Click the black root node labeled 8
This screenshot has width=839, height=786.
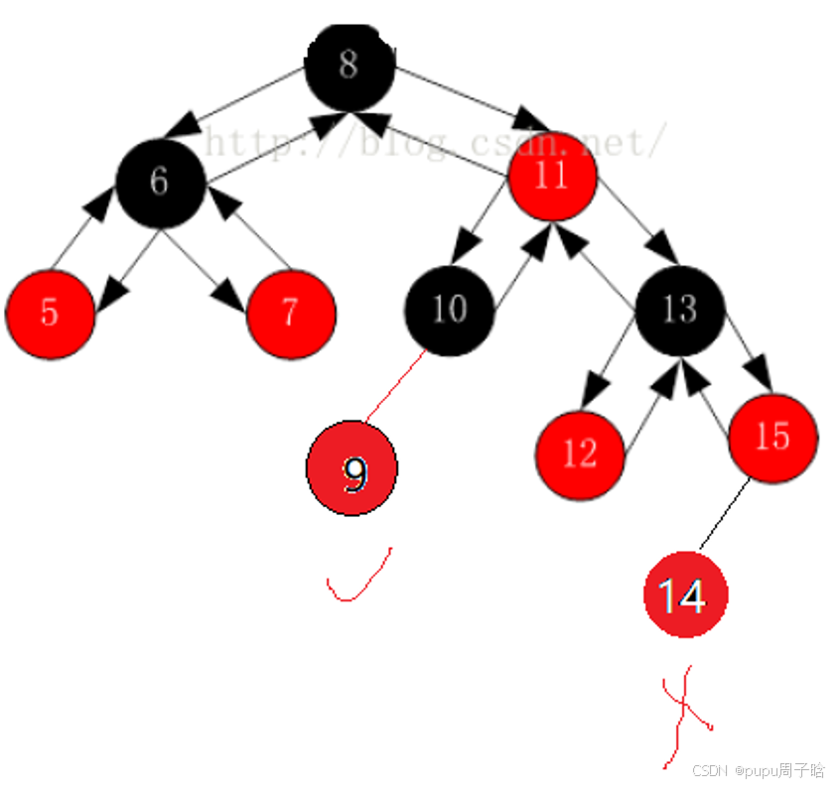tap(349, 66)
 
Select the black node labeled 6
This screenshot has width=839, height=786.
tap(160, 182)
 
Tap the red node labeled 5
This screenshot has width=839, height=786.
tap(50, 313)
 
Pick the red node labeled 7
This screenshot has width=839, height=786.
tap(290, 313)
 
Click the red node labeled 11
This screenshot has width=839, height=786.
tap(551, 177)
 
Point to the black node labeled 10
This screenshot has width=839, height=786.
tap(449, 310)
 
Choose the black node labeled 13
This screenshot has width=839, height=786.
tap(680, 310)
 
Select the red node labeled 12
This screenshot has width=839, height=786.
tap(580, 454)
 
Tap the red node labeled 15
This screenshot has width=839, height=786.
tap(772, 438)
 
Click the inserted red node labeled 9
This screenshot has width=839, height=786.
tap(352, 468)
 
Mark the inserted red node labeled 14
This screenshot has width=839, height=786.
tap(685, 595)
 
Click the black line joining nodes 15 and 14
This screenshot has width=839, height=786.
tap(724, 513)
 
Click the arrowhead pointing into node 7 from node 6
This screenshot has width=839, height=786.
tap(230, 298)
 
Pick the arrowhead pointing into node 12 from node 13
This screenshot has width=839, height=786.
tap(595, 391)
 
